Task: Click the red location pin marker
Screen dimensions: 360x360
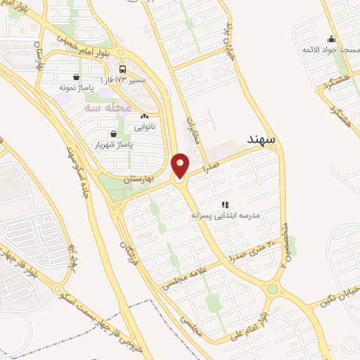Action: coord(180,167)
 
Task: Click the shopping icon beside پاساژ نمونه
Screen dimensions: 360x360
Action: coord(76,77)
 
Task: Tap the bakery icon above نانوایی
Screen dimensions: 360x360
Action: coord(144,117)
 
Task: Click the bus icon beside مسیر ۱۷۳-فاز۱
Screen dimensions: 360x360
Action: coord(123,69)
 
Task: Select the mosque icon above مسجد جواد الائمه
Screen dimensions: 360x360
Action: coord(331,39)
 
